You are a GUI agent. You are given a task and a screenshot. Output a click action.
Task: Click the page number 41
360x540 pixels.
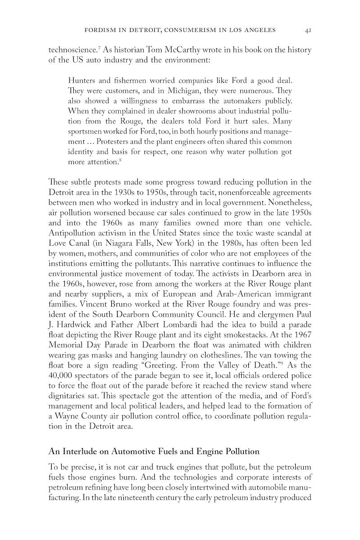tap(308, 30)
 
